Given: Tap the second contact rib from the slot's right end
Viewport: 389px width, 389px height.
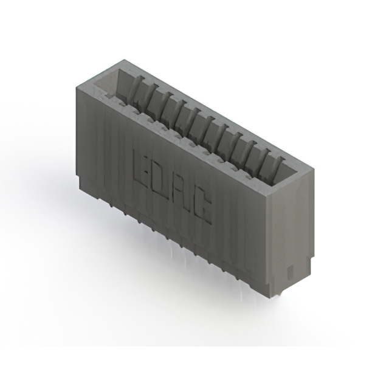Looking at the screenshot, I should tap(263, 159).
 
